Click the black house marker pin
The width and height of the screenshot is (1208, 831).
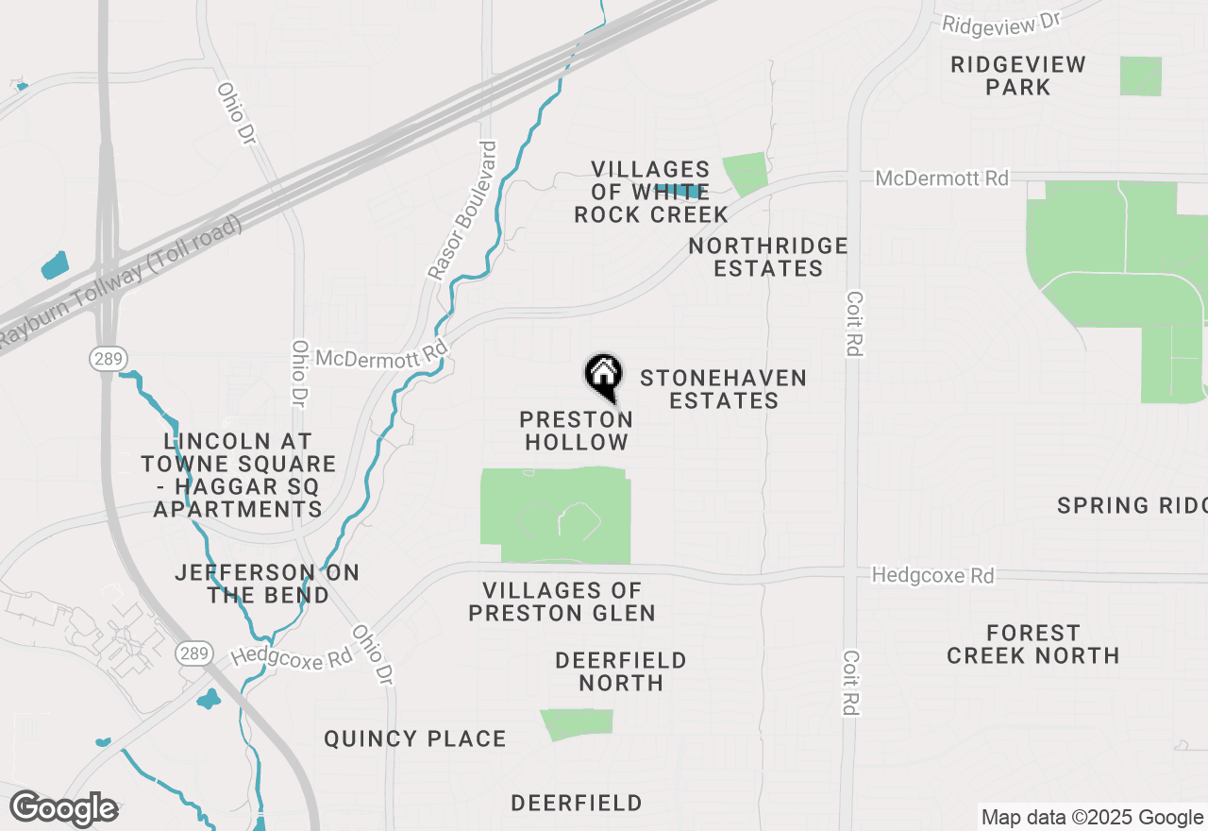(x=604, y=375)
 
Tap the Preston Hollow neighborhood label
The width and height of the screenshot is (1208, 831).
(x=577, y=431)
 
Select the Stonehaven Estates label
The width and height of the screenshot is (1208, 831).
(x=723, y=389)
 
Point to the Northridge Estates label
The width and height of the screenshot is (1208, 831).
(x=768, y=257)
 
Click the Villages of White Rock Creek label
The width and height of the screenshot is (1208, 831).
(x=651, y=192)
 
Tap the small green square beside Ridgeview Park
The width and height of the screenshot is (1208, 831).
(x=1141, y=76)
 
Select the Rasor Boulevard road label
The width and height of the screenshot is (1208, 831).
(x=462, y=211)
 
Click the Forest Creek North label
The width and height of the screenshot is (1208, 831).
(x=1033, y=644)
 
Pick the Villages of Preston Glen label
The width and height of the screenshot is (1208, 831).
(x=562, y=602)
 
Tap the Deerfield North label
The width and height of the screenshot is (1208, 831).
(x=621, y=670)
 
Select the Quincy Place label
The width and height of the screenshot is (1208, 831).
(x=415, y=738)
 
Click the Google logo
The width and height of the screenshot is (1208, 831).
(x=64, y=808)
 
